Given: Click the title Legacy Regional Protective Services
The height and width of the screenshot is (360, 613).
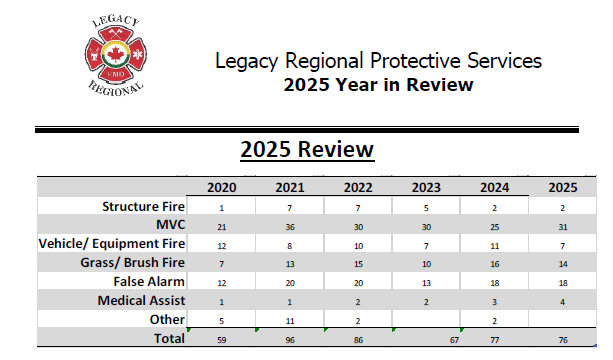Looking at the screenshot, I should (378, 61).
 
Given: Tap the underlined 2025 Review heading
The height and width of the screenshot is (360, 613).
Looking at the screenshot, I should (306, 150).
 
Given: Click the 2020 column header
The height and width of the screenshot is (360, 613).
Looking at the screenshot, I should (222, 188).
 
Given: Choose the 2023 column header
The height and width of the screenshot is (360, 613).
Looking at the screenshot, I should (426, 188).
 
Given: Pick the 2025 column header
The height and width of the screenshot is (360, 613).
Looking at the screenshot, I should (562, 188).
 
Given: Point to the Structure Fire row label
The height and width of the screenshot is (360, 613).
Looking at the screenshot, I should (145, 207).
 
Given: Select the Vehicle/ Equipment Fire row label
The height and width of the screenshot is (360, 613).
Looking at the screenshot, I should (112, 245).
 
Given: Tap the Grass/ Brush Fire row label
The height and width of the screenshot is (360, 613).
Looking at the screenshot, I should (135, 264).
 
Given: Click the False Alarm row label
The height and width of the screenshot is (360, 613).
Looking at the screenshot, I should (149, 283).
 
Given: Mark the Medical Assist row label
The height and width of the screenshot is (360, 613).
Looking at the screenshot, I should (141, 301).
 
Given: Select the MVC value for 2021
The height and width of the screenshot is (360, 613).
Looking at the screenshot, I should (289, 227).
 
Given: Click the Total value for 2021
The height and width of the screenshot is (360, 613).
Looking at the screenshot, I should (289, 340).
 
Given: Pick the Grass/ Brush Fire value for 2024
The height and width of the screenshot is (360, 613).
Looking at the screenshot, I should (494, 265).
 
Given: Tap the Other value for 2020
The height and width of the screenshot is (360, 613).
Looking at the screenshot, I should (222, 321).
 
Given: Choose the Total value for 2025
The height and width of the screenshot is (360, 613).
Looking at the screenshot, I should (562, 340).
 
